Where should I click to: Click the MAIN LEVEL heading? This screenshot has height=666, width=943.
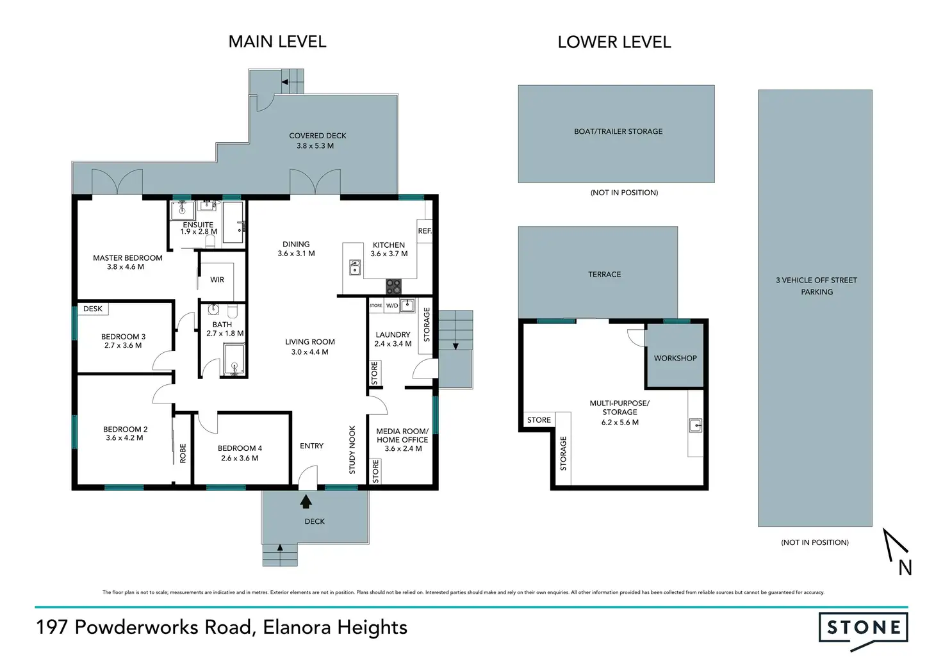pyautogui.click(x=277, y=42)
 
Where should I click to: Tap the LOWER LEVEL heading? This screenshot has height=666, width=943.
pyautogui.click(x=614, y=42)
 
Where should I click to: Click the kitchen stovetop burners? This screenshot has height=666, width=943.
pyautogui.click(x=393, y=286)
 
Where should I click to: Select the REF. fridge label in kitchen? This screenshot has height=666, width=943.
pyautogui.click(x=425, y=231)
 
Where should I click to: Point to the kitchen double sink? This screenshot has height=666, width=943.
pyautogui.click(x=355, y=267)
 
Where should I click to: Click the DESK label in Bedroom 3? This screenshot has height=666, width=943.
pyautogui.click(x=93, y=309)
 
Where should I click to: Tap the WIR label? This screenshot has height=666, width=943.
pyautogui.click(x=217, y=280)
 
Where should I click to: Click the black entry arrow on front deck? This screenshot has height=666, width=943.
pyautogui.click(x=306, y=501)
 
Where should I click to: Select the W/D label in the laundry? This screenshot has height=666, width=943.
pyautogui.click(x=392, y=305)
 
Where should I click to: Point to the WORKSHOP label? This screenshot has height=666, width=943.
pyautogui.click(x=675, y=358)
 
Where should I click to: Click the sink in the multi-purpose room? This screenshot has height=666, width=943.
pyautogui.click(x=696, y=425)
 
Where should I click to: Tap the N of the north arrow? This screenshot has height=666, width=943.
pyautogui.click(x=905, y=568)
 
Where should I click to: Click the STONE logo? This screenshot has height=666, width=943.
pyautogui.click(x=863, y=631)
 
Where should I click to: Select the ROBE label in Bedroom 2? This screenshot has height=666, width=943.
pyautogui.click(x=183, y=453)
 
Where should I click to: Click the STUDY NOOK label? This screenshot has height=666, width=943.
pyautogui.click(x=352, y=450)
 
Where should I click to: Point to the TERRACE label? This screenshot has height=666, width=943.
pyautogui.click(x=605, y=274)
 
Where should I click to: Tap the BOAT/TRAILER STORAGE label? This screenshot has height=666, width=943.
pyautogui.click(x=618, y=131)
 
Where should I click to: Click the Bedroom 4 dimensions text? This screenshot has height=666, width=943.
pyautogui.click(x=240, y=458)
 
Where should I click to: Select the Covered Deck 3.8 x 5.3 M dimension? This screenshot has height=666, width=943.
pyautogui.click(x=315, y=146)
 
